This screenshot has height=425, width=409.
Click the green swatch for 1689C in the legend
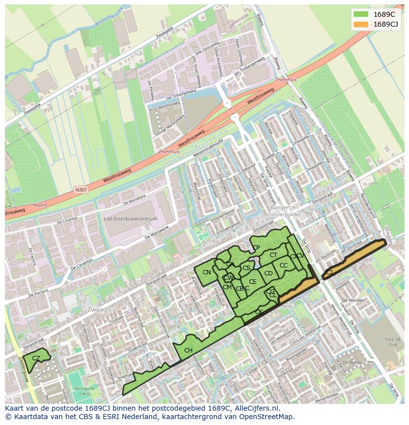tap(361, 14)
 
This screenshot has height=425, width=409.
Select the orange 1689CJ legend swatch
tap(361, 24)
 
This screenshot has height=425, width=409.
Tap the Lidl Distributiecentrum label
tap(130, 219)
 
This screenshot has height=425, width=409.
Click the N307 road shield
tap(81, 190)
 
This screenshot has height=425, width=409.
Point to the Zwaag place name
tap(96, 309)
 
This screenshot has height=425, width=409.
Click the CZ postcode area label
tap(36, 358)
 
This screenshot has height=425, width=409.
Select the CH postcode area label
tap(188, 350)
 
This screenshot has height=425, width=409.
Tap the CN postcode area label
tap(206, 272)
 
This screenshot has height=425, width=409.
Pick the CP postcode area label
tap(256, 248)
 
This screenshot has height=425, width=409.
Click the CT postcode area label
tap(273, 255)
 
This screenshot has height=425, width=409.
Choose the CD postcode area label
tap(268, 273)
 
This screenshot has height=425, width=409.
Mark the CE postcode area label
tap(252, 282)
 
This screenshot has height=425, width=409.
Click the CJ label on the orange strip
tap(329, 272)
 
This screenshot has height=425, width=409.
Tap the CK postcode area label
tap(258, 312)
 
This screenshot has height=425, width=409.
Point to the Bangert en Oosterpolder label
tap(281, 212)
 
